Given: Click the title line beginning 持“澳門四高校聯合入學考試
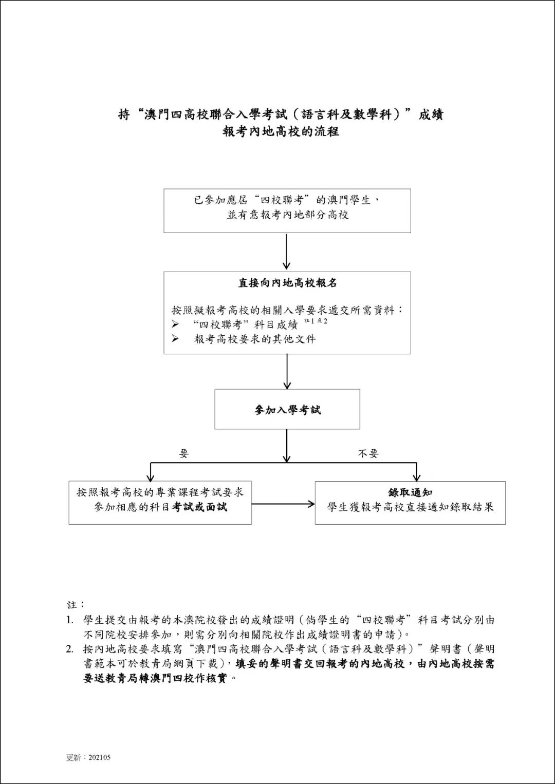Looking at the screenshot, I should tap(281, 114).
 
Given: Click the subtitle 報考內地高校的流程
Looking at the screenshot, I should tap(281, 131).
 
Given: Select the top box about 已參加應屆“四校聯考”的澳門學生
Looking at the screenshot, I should tap(287, 211).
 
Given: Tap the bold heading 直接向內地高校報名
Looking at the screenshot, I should tap(287, 283).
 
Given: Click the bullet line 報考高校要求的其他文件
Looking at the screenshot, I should tap(255, 339).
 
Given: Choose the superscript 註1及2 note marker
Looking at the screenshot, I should tap(316, 321).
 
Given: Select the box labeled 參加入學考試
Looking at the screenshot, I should tap(287, 409).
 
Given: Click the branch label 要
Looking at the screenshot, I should tap(184, 453).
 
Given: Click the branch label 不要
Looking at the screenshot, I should tap(368, 453).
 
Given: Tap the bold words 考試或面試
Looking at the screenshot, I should tap(199, 507).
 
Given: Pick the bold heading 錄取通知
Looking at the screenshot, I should tap(410, 492).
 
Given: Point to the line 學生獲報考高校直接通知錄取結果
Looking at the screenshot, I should tap(410, 507).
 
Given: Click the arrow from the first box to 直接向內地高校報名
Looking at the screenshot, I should tap(287, 252).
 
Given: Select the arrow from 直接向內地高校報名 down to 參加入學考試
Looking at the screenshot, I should tap(287, 371).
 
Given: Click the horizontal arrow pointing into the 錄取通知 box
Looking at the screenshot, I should tap(283, 504).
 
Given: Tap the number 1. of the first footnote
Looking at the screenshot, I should tap(70, 620).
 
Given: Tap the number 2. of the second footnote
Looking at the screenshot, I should tap(70, 649).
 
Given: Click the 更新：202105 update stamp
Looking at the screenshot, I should tap(88, 757).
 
